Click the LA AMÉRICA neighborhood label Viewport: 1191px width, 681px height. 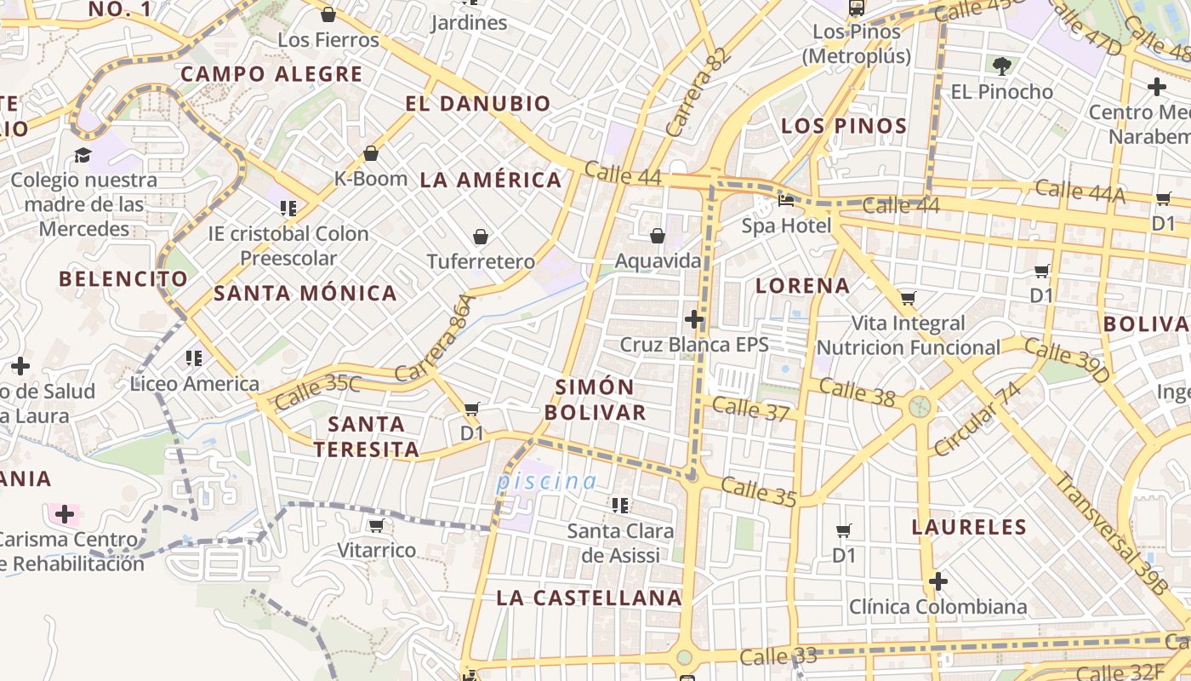coord(491,180)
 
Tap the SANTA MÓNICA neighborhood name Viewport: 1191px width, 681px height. coord(305,293)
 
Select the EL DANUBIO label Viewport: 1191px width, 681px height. coord(478,104)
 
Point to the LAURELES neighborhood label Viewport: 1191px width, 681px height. coord(969,527)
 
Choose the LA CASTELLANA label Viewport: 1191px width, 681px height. coord(589,598)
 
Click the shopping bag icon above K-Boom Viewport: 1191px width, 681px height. coord(371,153)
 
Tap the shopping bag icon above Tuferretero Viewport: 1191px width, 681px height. coord(481,236)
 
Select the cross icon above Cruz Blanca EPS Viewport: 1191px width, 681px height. coord(694,319)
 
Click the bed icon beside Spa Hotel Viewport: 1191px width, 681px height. coord(786,201)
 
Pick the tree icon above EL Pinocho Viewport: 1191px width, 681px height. coord(1002,65)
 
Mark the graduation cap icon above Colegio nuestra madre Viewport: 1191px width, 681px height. coord(83,155)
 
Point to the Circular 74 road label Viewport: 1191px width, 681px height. coord(977,419)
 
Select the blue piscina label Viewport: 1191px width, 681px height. coord(546,481)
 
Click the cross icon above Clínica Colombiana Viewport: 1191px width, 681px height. coord(937,581)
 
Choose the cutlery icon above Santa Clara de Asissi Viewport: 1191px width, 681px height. coord(620,506)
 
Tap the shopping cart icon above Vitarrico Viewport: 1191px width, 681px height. coord(376,525)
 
